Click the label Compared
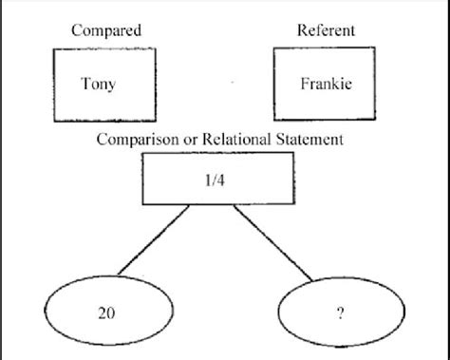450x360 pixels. click(105, 31)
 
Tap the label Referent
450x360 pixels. click(325, 30)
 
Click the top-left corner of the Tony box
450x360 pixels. click(54, 49)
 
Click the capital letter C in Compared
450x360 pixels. click(76, 31)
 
